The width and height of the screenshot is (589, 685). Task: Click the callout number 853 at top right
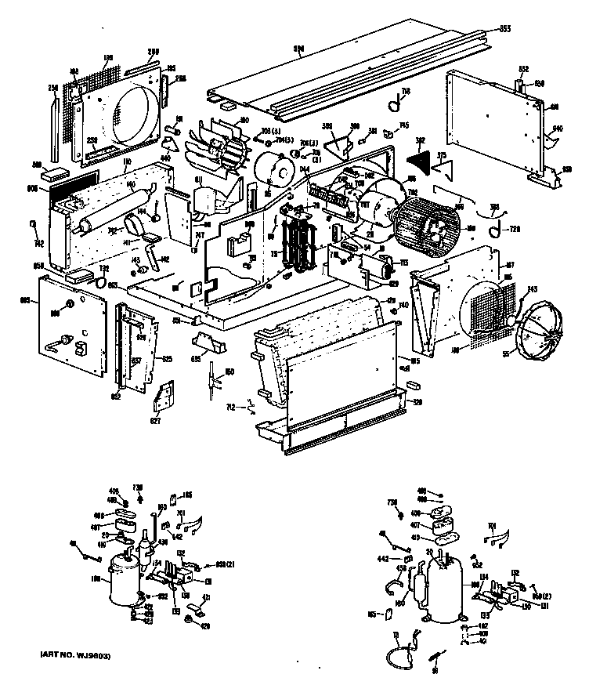(x=504, y=29)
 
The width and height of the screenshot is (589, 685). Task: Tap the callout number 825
(x=166, y=360)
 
